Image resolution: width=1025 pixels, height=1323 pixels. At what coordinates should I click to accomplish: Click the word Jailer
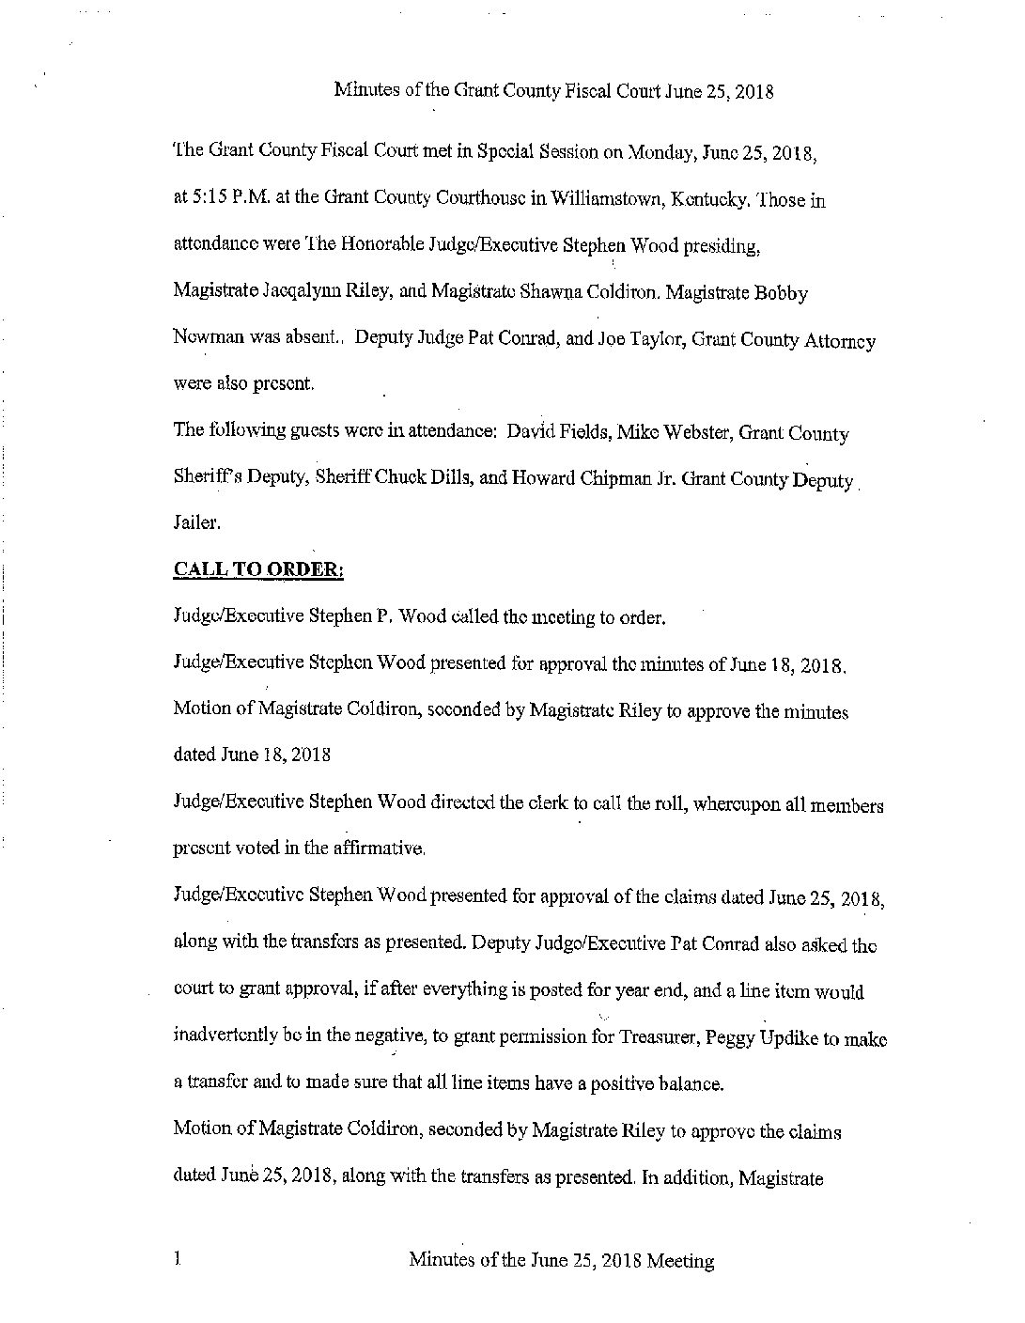click(195, 526)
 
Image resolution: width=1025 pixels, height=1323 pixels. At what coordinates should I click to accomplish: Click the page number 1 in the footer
click(177, 1260)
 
